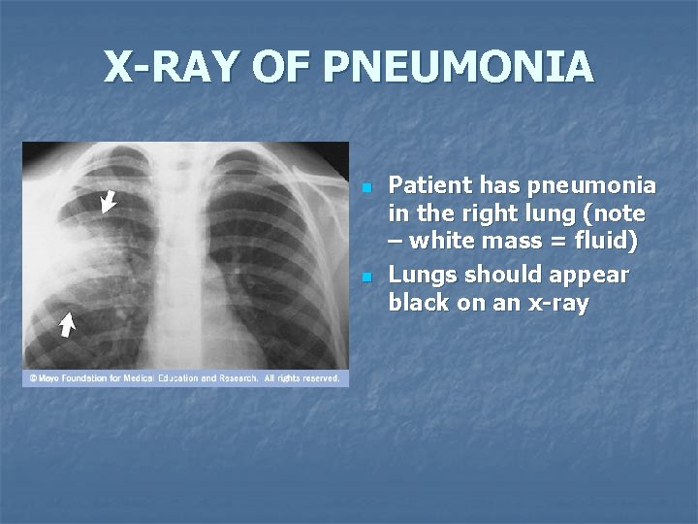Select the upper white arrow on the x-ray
(109, 201)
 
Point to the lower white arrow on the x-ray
(66, 323)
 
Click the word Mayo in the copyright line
(48, 378)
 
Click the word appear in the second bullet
(587, 275)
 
